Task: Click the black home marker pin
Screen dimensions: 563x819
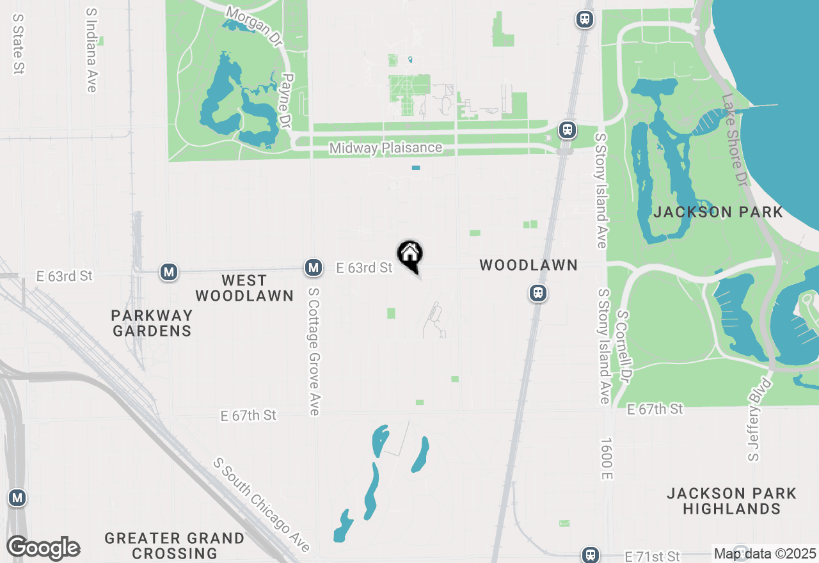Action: coord(410,255)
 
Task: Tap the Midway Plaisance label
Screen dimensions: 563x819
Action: coord(385,148)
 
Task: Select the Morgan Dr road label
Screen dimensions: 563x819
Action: coord(254,26)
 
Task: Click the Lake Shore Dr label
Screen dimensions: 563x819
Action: coord(734,141)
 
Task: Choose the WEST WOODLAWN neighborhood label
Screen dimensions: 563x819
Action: coord(244,288)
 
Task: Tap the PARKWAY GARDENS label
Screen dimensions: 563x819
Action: coord(152,323)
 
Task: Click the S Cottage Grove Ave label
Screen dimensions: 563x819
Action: coord(314,351)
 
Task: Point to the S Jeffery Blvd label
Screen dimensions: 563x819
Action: coord(760,420)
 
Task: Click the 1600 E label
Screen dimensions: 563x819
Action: coord(607,459)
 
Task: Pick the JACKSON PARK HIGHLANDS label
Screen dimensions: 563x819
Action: coord(731,501)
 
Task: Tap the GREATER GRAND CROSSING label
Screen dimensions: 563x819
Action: coord(174,546)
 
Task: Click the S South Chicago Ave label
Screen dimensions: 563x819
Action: coord(262,505)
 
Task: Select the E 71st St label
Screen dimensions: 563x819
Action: coord(652,556)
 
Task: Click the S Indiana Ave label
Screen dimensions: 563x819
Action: coord(91,50)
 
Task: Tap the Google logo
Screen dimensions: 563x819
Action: coord(43,548)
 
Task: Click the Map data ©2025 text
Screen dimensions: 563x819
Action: coord(765,553)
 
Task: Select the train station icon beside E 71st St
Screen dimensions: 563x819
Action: coord(590,555)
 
